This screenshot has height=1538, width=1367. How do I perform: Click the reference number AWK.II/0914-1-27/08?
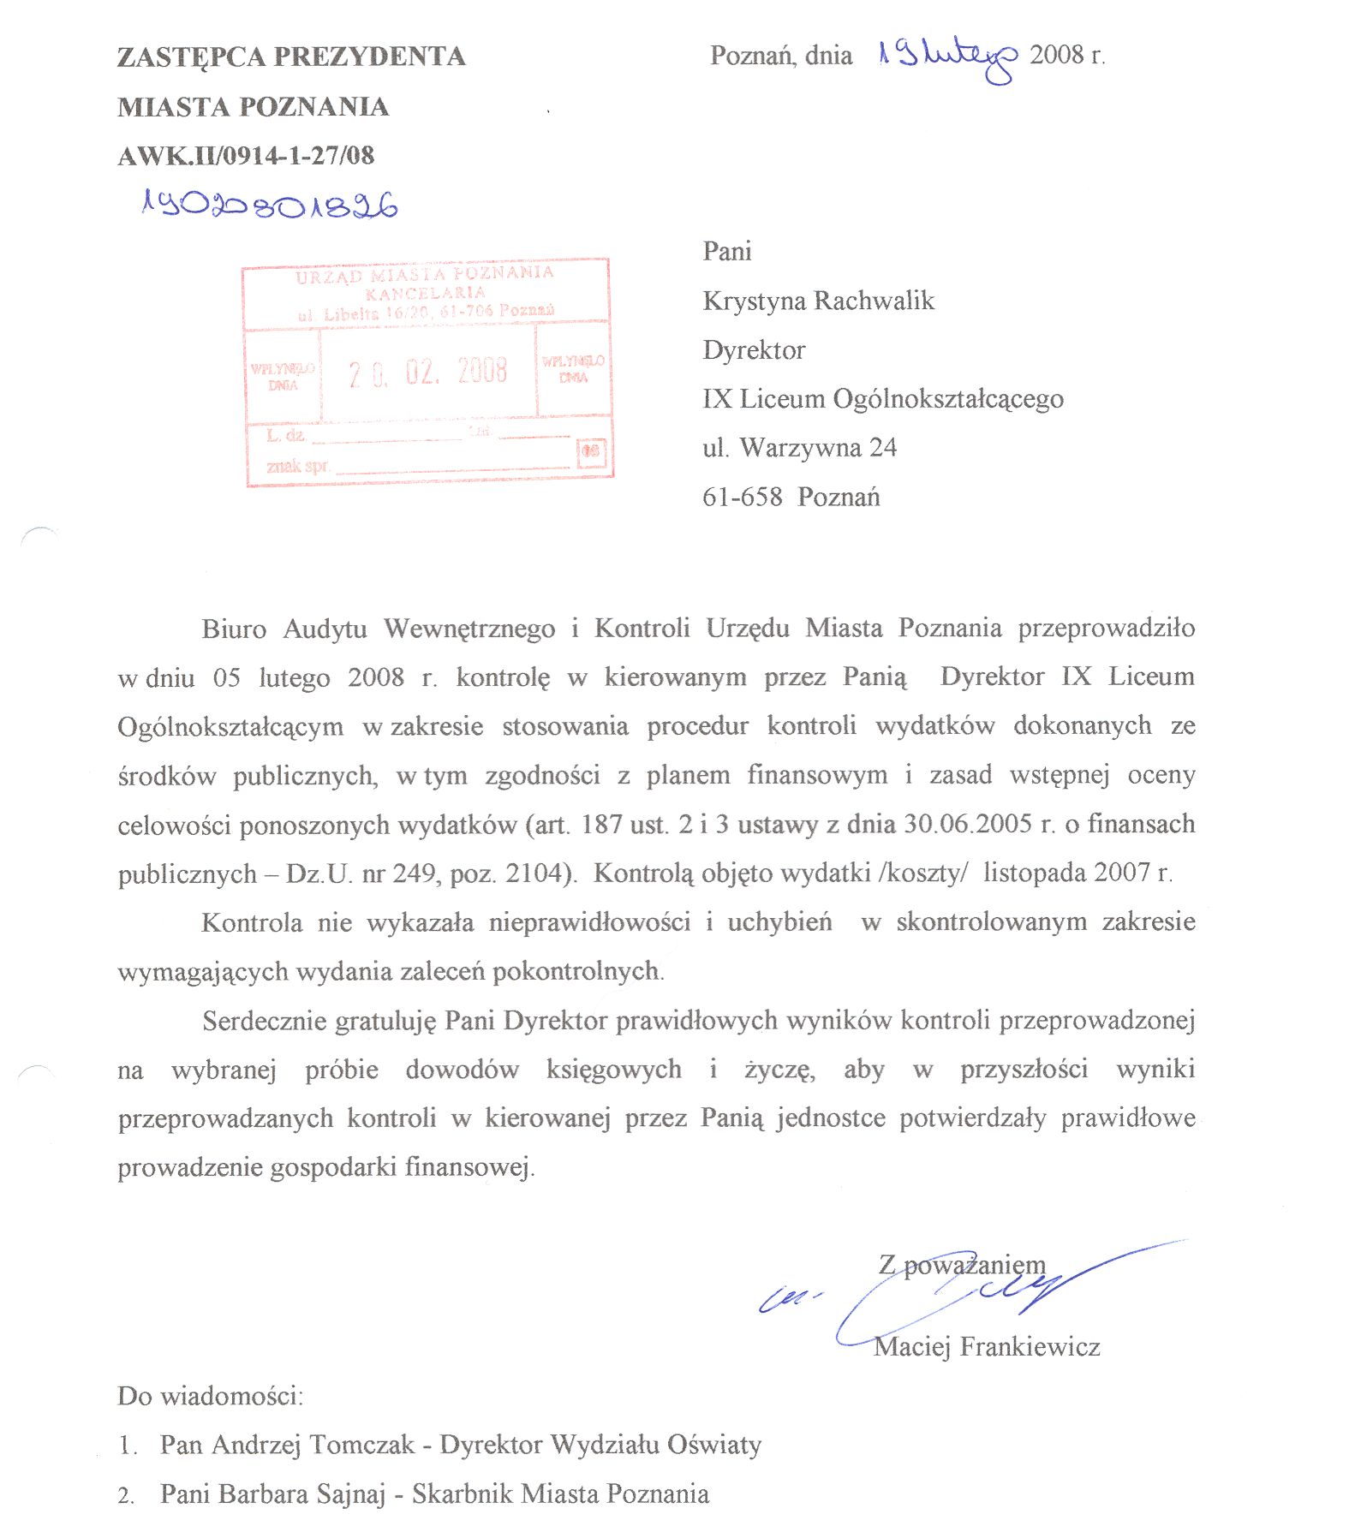[246, 156]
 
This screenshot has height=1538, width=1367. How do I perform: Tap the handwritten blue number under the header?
[269, 205]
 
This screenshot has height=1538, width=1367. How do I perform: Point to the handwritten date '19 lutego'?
[947, 57]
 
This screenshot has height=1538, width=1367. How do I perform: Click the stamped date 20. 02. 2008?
[427, 373]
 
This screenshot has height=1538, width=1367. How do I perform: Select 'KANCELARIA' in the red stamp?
[425, 293]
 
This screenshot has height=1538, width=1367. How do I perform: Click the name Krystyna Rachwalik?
[818, 301]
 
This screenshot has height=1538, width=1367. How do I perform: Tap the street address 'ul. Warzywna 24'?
[799, 448]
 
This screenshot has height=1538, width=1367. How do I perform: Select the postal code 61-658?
[742, 498]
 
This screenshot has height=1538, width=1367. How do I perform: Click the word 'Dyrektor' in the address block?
[754, 350]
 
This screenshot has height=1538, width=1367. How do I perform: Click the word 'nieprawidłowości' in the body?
[589, 922]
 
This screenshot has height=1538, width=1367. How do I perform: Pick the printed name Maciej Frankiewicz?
[987, 1347]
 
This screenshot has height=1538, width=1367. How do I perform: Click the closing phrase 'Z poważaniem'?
[962, 1265]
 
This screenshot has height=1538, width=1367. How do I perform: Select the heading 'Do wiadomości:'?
[210, 1397]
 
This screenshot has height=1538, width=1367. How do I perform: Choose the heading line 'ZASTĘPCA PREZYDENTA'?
[291, 57]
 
